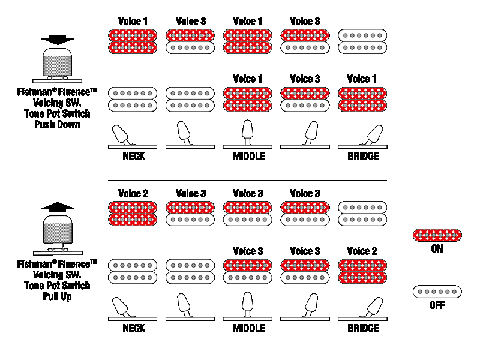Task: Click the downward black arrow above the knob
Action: [x=58, y=40]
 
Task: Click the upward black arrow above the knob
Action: [x=58, y=207]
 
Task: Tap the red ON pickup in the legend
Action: [x=437, y=235]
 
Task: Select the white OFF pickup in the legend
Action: [x=437, y=292]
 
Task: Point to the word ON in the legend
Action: [x=437, y=249]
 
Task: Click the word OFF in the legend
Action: [x=437, y=305]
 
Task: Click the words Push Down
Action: [x=57, y=125]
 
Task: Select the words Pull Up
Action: [x=57, y=296]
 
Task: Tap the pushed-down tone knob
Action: [x=58, y=63]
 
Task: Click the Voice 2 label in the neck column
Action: [x=133, y=193]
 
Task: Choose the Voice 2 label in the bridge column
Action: [x=362, y=251]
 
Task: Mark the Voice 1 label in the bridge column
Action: [x=362, y=79]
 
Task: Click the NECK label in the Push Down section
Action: [x=134, y=156]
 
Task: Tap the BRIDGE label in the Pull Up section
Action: [x=363, y=328]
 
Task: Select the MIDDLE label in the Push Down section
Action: [x=249, y=156]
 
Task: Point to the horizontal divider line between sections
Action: [x=247, y=181]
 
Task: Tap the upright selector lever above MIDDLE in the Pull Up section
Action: [x=247, y=304]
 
